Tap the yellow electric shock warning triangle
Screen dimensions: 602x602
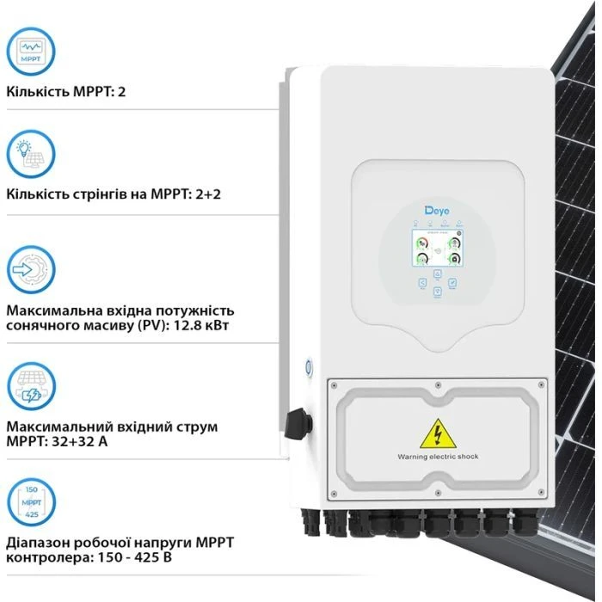point(437,434)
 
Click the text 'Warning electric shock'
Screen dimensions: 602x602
point(437,457)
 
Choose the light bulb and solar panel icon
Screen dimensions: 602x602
point(31,155)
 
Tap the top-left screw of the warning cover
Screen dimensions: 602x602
point(334,384)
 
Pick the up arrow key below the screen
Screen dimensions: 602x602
point(437,274)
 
